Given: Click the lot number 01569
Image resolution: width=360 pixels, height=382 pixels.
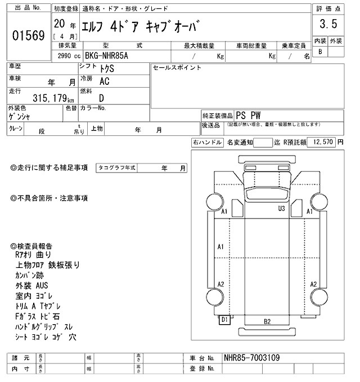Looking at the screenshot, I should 28,36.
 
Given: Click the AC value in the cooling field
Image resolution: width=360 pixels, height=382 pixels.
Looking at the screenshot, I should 104,81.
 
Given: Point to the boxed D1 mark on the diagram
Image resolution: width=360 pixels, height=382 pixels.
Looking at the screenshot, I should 224,320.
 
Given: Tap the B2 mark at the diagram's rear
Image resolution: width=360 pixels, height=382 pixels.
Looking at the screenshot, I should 267,321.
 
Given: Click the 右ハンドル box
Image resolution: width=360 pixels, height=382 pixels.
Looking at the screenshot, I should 206,143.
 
